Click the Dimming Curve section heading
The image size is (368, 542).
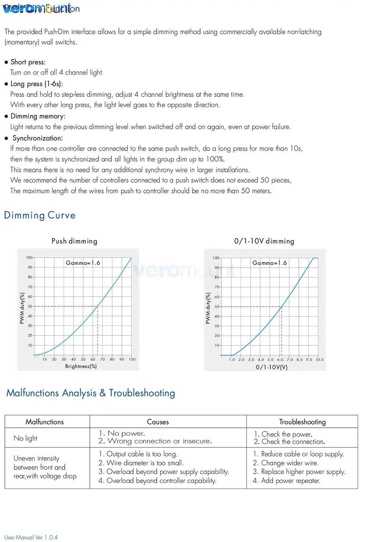[x=40, y=215]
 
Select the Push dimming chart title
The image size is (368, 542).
[x=74, y=241]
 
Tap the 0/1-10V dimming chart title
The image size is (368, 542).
[x=264, y=241]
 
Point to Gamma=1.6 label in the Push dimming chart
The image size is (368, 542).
[x=83, y=263]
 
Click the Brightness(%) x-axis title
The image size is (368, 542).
[x=81, y=366]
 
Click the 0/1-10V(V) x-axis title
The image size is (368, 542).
[x=272, y=367]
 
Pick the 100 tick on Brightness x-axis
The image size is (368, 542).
[x=132, y=359]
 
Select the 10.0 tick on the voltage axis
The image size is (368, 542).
[x=320, y=360]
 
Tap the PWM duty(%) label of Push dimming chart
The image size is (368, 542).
[x=22, y=309]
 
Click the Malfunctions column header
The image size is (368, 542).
[x=45, y=422]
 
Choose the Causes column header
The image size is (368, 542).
[x=158, y=422]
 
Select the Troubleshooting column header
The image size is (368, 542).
[x=302, y=422]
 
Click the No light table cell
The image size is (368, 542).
[x=25, y=438]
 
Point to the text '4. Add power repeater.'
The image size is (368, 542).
[x=287, y=481]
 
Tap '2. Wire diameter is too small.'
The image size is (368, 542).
[x=141, y=463]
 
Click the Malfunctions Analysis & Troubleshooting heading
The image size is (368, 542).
[x=91, y=393]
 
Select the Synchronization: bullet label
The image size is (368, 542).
[x=38, y=138]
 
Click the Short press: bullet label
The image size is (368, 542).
[x=28, y=62]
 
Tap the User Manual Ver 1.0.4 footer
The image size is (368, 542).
[x=31, y=537]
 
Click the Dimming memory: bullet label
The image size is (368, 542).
[x=38, y=116]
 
